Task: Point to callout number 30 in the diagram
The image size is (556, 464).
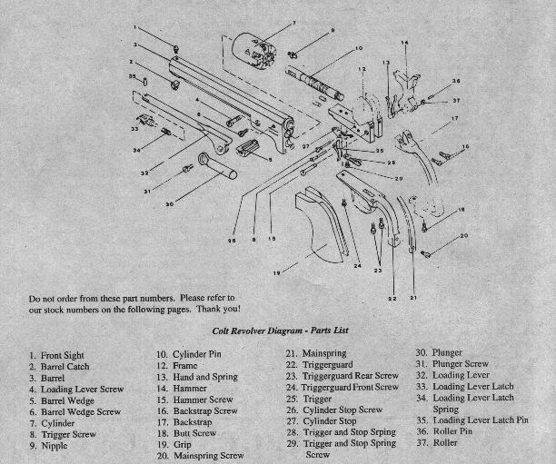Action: point(169,203)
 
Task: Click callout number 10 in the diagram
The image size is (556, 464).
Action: point(358,48)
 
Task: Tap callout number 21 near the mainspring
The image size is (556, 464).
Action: point(413,297)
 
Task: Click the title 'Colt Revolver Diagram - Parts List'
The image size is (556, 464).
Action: point(281,331)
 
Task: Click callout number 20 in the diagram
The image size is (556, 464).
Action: point(463,236)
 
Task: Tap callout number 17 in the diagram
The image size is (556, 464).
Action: point(453,118)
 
